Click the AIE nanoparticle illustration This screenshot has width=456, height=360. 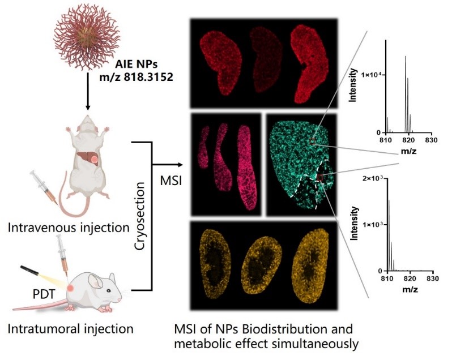coord(87,37)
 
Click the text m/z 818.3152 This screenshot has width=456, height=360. coord(136,77)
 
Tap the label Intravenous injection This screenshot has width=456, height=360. coord(69,228)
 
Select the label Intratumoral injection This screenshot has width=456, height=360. coord(71,329)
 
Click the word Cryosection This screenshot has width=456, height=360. coord(140,216)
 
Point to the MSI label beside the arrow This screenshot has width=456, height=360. coord(171,181)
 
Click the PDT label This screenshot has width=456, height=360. coord(44,294)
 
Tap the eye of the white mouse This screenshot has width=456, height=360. coord(108,290)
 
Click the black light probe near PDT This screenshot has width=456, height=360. coord(29,270)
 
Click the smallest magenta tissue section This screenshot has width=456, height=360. coord(203,147)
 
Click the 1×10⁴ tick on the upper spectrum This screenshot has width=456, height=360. coord(370,75)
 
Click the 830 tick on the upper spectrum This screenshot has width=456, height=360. coord(431,140)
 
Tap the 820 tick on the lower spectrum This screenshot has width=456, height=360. coord(410,278)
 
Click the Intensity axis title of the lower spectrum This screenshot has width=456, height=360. coord(354,223)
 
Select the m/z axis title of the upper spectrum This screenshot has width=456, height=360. coord(408,151)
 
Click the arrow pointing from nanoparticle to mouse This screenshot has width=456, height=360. coord(88,92)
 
